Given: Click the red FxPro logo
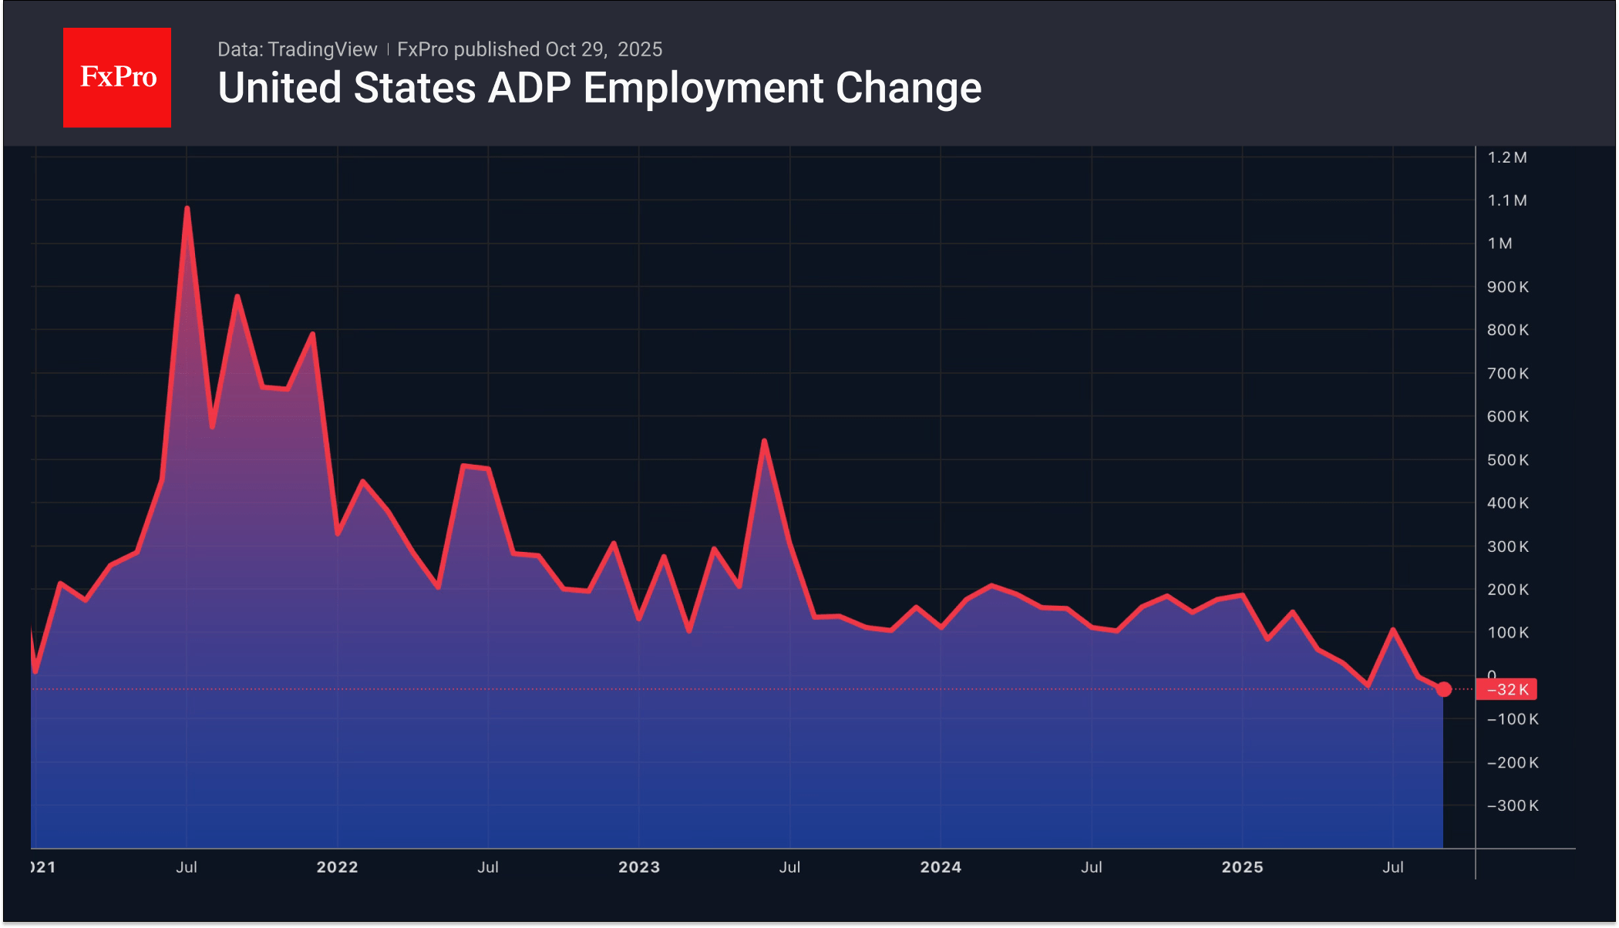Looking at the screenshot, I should (117, 77).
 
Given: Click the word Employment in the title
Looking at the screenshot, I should (704, 88).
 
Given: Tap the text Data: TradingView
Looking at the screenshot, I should (297, 49).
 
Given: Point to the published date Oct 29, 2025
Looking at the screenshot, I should (604, 49).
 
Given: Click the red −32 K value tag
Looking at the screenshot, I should (1506, 689).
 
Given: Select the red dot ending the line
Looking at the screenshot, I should (1444, 689).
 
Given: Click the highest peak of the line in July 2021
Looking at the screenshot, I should (187, 208).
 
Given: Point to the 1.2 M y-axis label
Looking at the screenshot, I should (1506, 157).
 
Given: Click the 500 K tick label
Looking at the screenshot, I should (1507, 460).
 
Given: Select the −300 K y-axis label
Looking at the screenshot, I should (1512, 805).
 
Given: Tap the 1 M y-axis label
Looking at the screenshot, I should (1500, 244).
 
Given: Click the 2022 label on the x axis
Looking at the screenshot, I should (337, 867).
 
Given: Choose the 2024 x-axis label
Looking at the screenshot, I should (941, 867).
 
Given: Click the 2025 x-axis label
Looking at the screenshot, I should (1242, 867).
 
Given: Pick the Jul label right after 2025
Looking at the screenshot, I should (1392, 867).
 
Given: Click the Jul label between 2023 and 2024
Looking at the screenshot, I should (789, 867).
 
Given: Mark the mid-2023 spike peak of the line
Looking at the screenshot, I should (764, 441).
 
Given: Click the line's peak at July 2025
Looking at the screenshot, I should (1392, 630).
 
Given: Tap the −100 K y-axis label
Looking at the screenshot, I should (1512, 719).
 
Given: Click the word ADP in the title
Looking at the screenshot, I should (529, 88).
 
